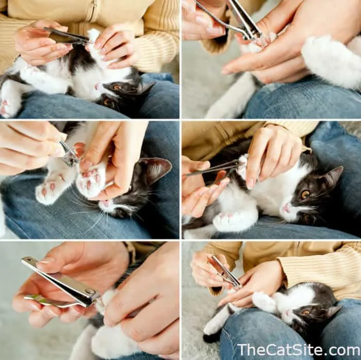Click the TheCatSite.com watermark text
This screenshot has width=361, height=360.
click(299, 350)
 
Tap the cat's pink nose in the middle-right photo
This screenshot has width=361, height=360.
click(286, 208)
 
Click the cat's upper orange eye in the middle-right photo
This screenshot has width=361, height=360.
click(305, 195)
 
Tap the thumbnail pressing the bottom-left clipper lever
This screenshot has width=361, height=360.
click(45, 262)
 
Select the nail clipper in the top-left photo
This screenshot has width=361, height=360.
click(67, 37)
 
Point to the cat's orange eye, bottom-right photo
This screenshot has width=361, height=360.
click(306, 312)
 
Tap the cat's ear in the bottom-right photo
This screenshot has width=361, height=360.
click(334, 311)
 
